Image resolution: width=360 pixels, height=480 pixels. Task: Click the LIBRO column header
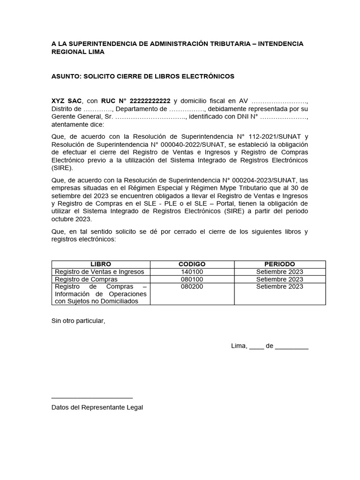[101, 264]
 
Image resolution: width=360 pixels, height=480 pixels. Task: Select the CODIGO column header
[192, 264]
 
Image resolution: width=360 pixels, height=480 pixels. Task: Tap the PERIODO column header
[280, 264]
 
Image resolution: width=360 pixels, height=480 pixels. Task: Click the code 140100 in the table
[192, 272]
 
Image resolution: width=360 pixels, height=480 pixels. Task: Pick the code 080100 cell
[192, 279]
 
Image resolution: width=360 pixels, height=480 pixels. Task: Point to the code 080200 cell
[192, 286]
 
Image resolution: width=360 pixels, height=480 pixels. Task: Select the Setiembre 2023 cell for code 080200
[280, 286]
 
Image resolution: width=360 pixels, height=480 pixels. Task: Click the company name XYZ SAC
[67, 101]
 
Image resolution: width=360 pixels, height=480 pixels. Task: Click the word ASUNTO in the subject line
[66, 76]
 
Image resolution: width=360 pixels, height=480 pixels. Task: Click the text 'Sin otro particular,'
[78, 321]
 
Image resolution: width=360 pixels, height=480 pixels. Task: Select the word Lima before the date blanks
[239, 346]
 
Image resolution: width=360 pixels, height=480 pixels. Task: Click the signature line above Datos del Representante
[92, 397]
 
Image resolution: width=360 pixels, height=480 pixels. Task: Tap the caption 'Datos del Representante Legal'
[97, 407]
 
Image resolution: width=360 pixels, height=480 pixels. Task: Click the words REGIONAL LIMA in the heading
[78, 52]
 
